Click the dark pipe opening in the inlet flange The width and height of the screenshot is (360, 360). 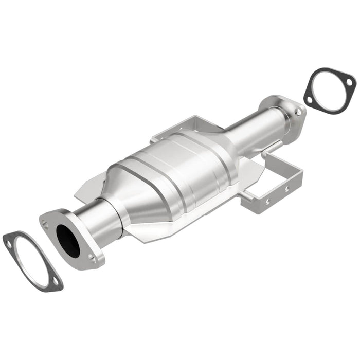pos(68,240)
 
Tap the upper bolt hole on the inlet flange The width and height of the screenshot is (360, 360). pos(46,224)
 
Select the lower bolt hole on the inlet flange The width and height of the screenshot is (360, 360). pos(93,260)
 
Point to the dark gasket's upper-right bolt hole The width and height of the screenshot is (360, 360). pos(349,82)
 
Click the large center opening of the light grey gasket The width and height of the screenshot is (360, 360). pos(31,262)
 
